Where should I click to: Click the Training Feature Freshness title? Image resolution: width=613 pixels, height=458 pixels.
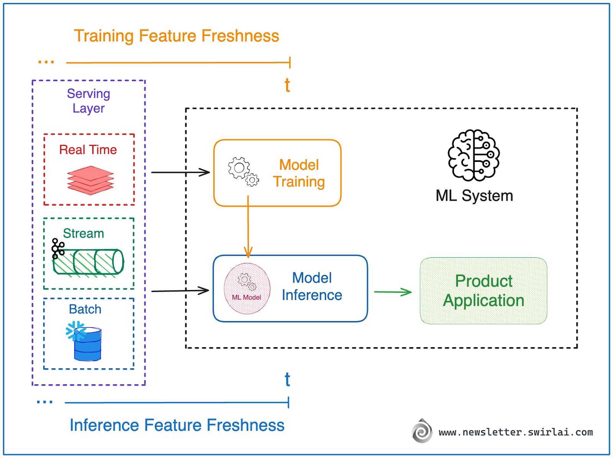click(176, 36)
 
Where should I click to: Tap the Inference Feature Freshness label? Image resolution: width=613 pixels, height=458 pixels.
click(177, 425)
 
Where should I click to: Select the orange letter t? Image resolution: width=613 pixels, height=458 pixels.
click(287, 85)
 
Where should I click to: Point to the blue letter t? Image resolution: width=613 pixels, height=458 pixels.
click(287, 379)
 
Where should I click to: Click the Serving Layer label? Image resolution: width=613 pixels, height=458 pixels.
click(89, 101)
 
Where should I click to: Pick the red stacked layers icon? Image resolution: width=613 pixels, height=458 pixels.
click(90, 180)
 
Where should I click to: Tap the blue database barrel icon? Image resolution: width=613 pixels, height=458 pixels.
click(87, 344)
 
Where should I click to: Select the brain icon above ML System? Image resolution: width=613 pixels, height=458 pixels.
click(474, 155)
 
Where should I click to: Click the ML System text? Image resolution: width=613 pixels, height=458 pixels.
click(474, 196)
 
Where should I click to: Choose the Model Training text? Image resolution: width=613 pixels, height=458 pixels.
click(299, 173)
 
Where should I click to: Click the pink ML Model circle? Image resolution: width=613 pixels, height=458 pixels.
click(247, 288)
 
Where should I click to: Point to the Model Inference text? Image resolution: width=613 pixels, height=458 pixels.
click(312, 287)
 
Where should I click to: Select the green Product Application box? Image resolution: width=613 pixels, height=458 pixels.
click(484, 291)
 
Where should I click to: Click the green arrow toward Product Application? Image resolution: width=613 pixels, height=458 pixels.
click(393, 292)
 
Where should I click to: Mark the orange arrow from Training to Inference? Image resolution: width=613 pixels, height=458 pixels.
click(248, 226)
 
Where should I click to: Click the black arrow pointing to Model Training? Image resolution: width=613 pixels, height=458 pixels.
click(180, 172)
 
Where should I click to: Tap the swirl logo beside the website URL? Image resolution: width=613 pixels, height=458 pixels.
click(422, 431)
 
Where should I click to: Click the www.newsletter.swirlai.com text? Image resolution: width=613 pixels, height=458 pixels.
click(516, 432)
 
